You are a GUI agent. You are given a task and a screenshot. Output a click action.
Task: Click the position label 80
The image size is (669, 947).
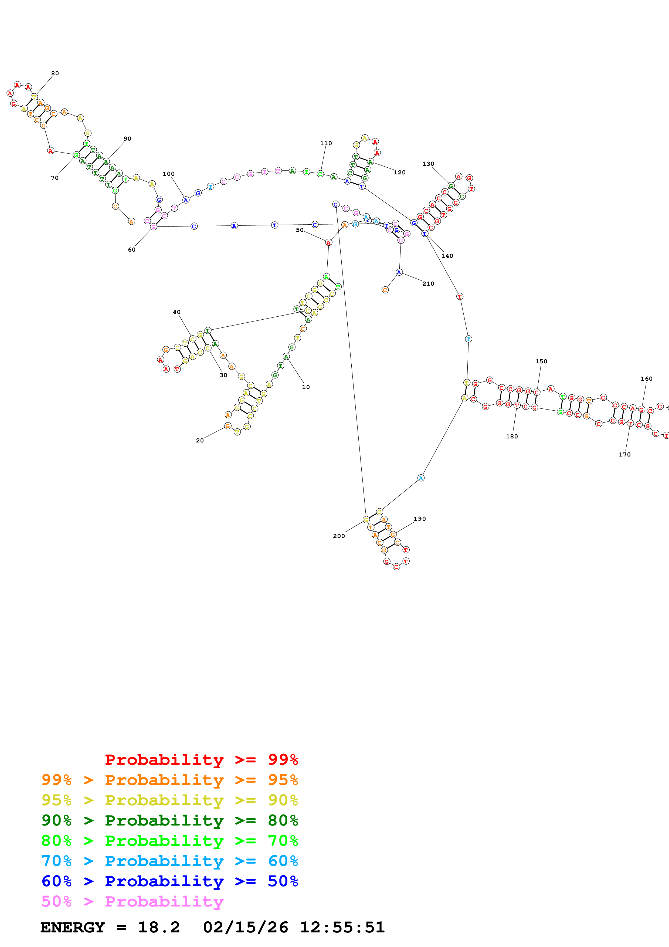click(55, 73)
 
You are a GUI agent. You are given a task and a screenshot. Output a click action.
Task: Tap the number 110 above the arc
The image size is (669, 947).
click(326, 143)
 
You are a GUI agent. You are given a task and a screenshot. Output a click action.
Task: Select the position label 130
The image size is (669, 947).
click(428, 164)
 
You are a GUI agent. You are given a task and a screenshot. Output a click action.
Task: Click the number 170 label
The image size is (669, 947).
click(624, 455)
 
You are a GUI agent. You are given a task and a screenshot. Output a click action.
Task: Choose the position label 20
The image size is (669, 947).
click(199, 441)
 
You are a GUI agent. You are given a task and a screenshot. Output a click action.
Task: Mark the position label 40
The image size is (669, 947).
click(176, 312)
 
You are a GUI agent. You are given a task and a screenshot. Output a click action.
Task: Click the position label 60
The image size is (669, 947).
click(131, 249)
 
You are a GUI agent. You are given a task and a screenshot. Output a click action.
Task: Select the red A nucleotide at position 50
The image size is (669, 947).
click(328, 242)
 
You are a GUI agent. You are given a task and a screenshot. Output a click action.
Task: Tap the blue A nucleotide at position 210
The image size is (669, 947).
click(399, 272)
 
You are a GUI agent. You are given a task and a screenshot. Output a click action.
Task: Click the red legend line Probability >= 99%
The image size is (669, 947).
click(201, 760)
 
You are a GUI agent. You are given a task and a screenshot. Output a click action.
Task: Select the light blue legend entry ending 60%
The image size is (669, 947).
click(169, 861)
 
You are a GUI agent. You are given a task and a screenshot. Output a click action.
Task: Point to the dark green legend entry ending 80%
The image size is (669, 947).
click(169, 820)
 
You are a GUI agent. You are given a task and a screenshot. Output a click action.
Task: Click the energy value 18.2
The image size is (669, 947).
click(159, 928)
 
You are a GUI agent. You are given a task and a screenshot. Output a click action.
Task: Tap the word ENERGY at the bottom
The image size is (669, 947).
click(73, 928)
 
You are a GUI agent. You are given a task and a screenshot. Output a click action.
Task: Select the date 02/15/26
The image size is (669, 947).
click(245, 928)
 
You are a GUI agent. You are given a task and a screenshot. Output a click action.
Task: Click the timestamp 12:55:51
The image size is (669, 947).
click(342, 928)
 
